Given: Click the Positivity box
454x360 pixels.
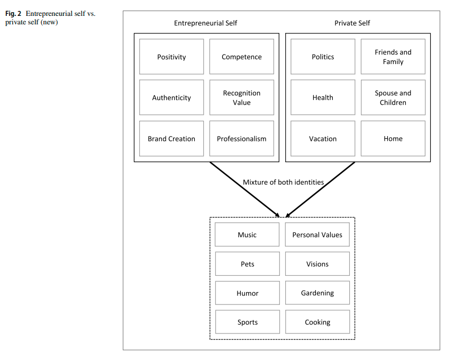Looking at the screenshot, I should pyautogui.click(x=171, y=57).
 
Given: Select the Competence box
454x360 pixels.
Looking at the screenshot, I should pyautogui.click(x=241, y=57).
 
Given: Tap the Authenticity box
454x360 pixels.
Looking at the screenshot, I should pyautogui.click(x=171, y=97).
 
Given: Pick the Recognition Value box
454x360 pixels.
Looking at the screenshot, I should pyautogui.click(x=241, y=97).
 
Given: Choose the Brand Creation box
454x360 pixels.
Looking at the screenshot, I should pyautogui.click(x=171, y=139).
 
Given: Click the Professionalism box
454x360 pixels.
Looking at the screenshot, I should pyautogui.click(x=241, y=139).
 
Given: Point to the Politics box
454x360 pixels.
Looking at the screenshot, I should pyautogui.click(x=323, y=57).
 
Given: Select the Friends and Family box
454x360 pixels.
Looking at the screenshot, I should pyautogui.click(x=393, y=57).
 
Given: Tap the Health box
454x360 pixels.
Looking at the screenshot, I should pyautogui.click(x=323, y=97).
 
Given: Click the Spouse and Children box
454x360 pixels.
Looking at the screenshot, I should pyautogui.click(x=393, y=97).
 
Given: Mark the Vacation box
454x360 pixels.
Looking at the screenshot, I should pyautogui.click(x=323, y=139).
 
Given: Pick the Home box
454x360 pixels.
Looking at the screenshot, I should pyautogui.click(x=393, y=139).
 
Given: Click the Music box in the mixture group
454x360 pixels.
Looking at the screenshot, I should pyautogui.click(x=247, y=235).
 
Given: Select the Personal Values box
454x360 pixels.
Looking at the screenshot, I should pyautogui.click(x=317, y=235).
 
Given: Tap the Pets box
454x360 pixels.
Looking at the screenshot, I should pyautogui.click(x=247, y=264).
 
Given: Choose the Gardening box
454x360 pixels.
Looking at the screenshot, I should pyautogui.click(x=317, y=293).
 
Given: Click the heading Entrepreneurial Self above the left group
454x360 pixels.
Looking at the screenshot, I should pyautogui.click(x=206, y=23).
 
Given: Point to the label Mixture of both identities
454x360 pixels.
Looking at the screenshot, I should pyautogui.click(x=283, y=182).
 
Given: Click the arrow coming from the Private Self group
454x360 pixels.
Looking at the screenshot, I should pyautogui.click(x=320, y=190).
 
